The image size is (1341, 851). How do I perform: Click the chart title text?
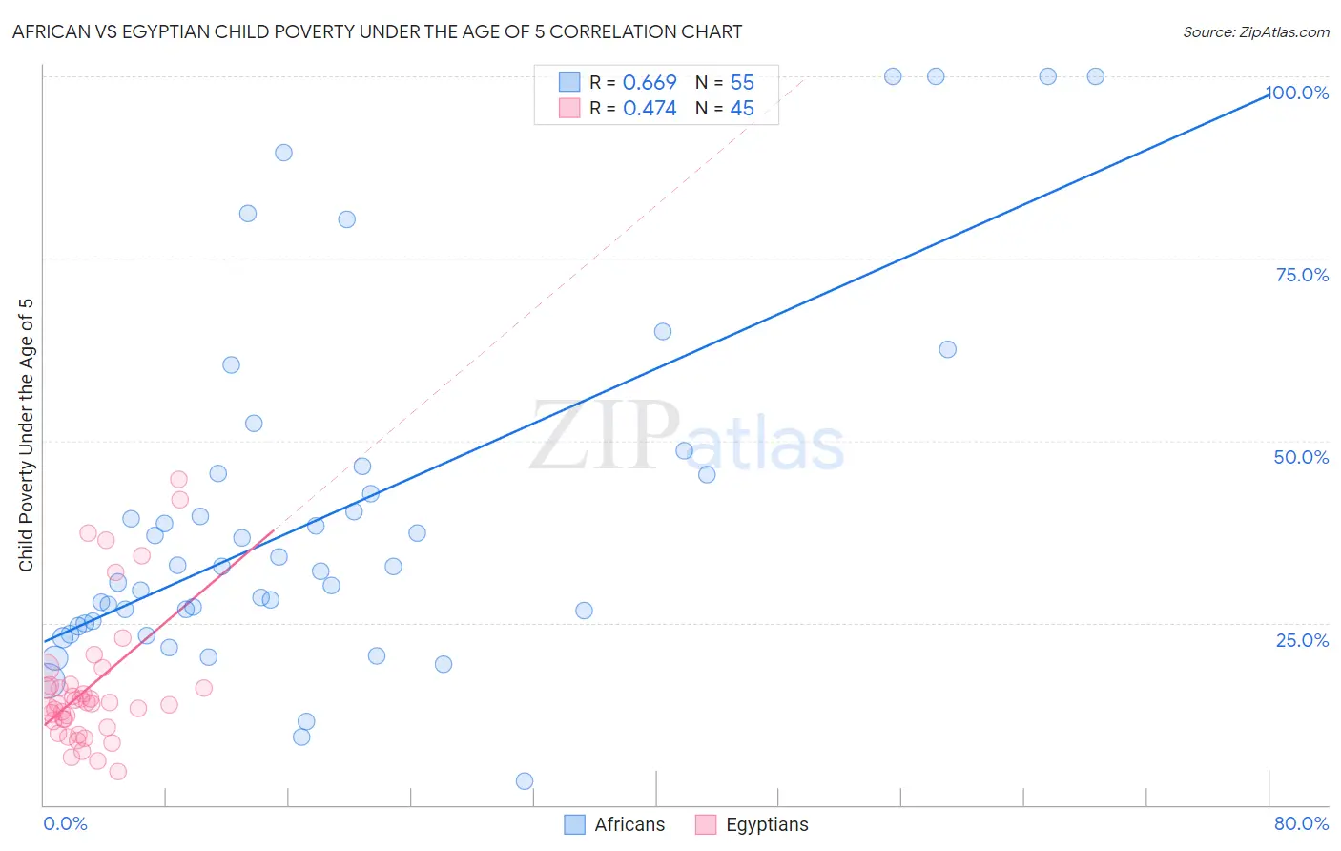(377, 31)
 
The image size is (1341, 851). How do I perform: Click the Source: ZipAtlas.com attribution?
(1255, 31)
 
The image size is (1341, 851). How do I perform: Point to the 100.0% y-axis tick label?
(1299, 93)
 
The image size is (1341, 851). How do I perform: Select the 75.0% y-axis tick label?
(1302, 275)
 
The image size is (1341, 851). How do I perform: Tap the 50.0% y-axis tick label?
(1301, 457)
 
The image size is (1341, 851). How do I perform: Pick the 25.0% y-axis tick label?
(1302, 639)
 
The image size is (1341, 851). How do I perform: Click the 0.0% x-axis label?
(65, 823)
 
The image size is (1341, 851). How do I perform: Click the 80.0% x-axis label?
(1301, 823)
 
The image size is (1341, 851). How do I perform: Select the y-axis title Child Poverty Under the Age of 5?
(27, 435)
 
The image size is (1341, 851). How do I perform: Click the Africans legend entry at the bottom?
(614, 824)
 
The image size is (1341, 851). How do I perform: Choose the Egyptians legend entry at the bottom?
(753, 824)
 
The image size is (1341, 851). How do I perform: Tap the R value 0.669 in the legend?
(650, 82)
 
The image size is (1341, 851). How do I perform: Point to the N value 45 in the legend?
(742, 108)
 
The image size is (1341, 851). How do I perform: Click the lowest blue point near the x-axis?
(525, 781)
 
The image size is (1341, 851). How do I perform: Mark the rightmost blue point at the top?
(1096, 76)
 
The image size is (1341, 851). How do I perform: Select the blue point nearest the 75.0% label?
(947, 349)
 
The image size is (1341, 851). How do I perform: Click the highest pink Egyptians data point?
(178, 479)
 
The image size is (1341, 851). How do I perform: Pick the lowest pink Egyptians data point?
(118, 771)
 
